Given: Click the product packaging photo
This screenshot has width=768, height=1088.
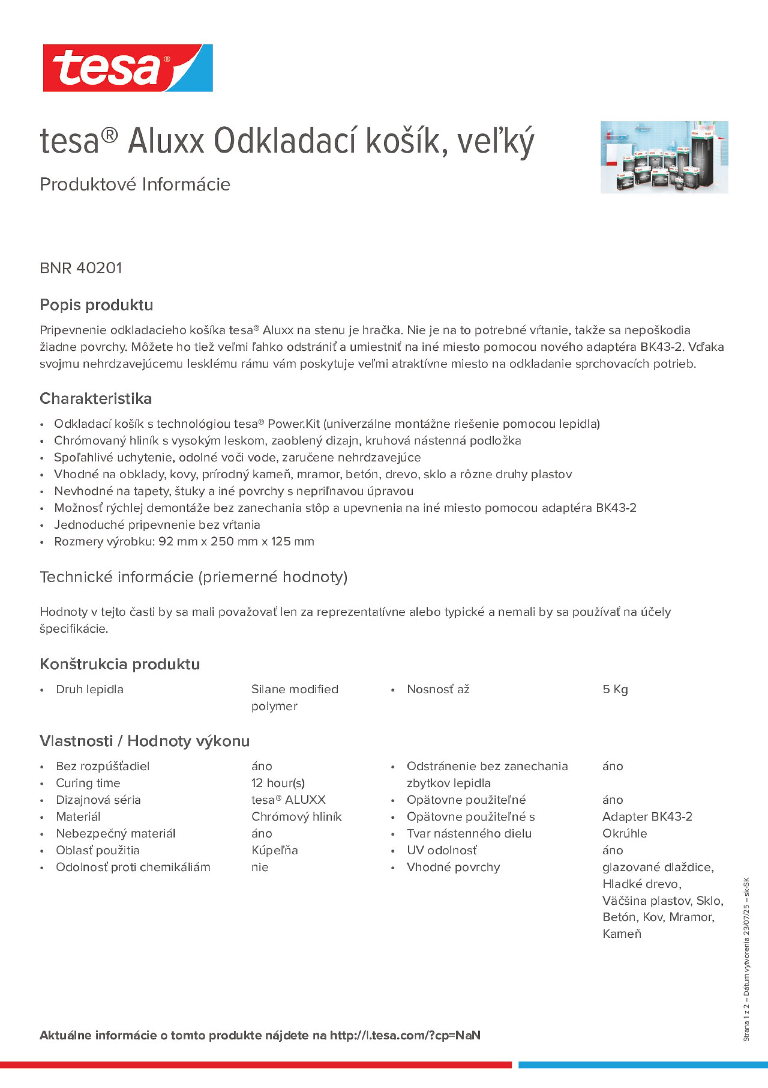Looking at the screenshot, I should (664, 157).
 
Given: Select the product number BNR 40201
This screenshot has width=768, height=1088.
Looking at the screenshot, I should (81, 268).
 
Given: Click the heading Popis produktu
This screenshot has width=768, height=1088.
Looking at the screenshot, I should (96, 305).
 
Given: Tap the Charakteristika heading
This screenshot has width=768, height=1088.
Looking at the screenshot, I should (96, 398).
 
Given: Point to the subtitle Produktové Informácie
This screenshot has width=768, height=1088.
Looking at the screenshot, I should (135, 185).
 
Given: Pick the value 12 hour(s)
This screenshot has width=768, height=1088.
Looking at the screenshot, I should (278, 783).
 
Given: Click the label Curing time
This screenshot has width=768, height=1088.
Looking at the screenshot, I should (88, 783).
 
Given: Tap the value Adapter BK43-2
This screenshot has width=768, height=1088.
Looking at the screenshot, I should (647, 816).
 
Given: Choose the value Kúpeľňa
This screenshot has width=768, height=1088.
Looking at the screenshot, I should (275, 850).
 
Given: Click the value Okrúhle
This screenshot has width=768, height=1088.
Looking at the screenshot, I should (624, 833).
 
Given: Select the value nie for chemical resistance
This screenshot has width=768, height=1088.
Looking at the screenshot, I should (260, 867).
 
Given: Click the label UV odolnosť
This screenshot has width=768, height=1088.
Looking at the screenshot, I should (442, 850).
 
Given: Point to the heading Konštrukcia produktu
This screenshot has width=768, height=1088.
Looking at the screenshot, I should (120, 664).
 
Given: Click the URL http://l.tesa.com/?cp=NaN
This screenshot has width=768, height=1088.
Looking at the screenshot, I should (405, 1035).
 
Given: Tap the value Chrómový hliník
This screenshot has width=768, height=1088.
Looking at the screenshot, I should (296, 816).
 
